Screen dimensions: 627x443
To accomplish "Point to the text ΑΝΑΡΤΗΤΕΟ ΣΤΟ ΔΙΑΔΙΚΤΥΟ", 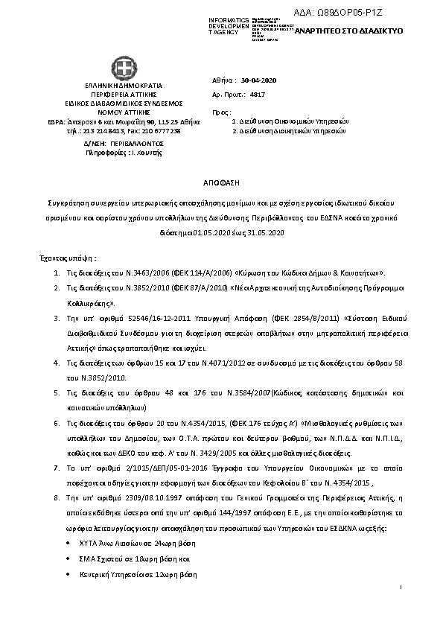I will point(348,33).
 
